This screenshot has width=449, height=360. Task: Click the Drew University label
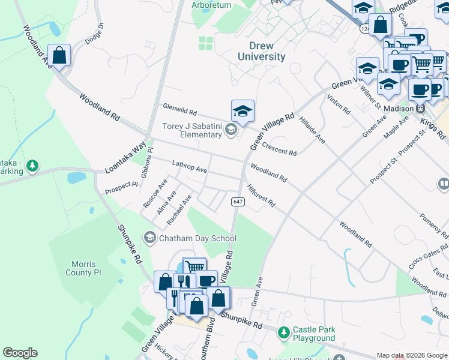coord(261,51)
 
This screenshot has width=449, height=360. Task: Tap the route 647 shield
coord(238,202)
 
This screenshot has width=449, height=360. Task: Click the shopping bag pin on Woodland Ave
coord(59,55)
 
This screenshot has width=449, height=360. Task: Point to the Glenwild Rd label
coord(179,110)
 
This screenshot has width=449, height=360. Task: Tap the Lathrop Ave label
coord(189,166)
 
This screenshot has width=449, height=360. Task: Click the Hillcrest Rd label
coord(261,195)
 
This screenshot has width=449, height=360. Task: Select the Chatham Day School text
coord(197,238)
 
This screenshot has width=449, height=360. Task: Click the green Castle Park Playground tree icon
coord(283,331)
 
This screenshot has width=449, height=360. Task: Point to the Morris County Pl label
coord(88,268)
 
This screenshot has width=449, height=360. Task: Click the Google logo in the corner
coord(20,353)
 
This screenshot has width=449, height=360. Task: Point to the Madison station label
coord(399,109)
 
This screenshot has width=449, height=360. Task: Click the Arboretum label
coord(211,5)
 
